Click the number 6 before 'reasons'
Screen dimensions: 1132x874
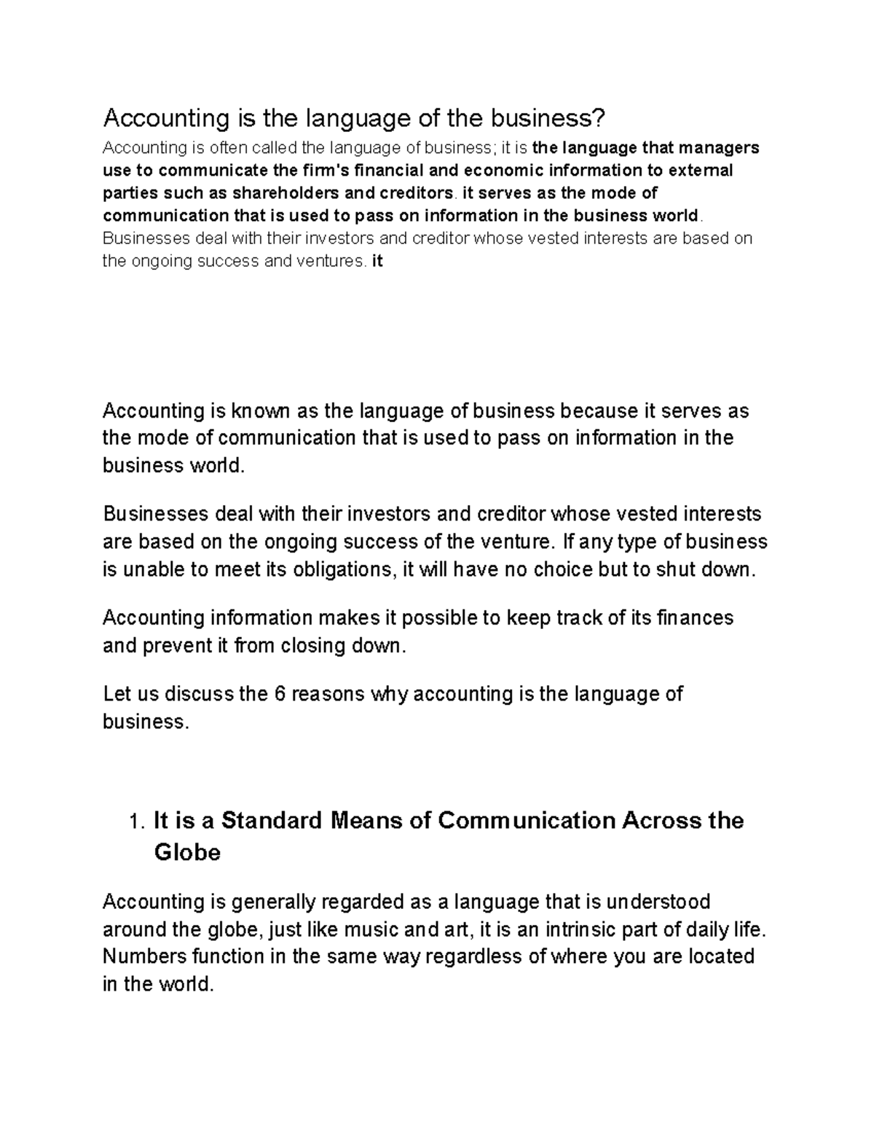(279, 694)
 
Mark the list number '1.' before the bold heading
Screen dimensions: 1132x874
(138, 822)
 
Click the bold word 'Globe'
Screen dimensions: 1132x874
(187, 852)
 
